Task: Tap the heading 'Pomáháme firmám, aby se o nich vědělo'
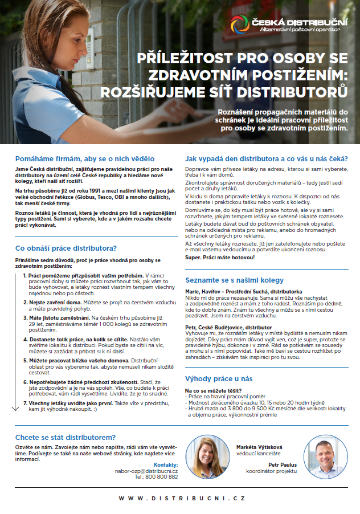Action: click(x=85, y=158)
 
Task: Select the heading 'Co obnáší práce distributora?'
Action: click(x=66, y=248)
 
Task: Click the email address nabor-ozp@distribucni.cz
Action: click(x=149, y=471)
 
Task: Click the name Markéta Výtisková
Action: click(x=259, y=447)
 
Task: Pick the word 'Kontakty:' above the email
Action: click(x=166, y=465)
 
